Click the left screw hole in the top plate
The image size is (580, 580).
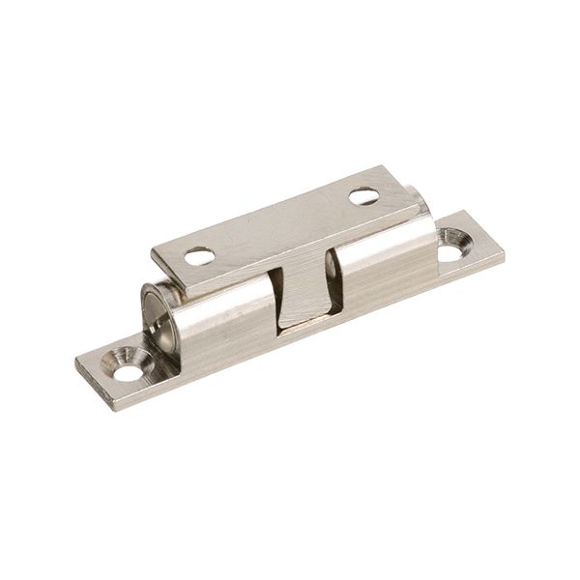tap(199, 256)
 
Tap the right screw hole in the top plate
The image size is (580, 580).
tap(363, 196)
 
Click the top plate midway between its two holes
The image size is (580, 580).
tap(281, 226)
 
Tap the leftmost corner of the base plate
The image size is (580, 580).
tap(76, 365)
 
